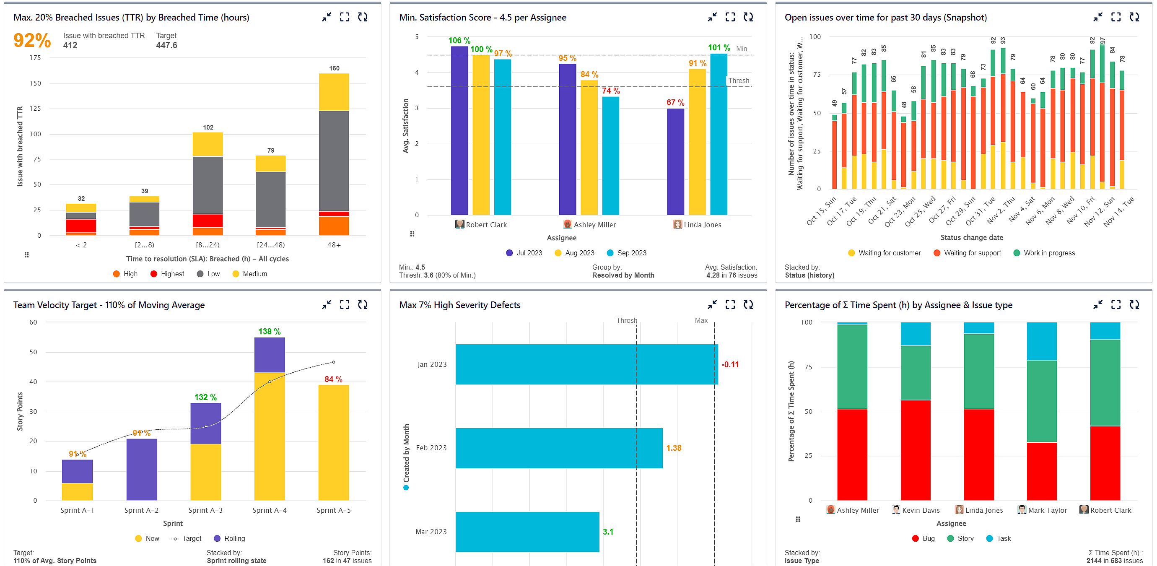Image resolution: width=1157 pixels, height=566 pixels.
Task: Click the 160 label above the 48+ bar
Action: point(334,68)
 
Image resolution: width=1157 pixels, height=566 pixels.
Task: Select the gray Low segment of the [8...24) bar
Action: point(208,184)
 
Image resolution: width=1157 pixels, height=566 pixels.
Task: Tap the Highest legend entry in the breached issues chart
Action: point(167,274)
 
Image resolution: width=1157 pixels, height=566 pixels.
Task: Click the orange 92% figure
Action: point(32,40)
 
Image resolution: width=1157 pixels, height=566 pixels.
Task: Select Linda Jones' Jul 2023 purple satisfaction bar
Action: point(675,162)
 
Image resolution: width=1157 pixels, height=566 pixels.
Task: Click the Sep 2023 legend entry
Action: point(627,253)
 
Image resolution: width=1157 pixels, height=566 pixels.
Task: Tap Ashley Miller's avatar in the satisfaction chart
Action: point(567,224)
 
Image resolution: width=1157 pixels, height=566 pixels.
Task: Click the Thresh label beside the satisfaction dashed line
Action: point(738,81)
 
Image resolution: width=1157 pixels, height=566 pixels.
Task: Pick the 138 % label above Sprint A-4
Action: point(269,332)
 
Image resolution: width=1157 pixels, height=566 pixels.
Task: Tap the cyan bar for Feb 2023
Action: point(559,448)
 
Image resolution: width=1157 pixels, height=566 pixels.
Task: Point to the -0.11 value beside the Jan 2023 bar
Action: point(730,364)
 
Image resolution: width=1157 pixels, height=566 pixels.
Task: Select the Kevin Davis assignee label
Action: point(920,510)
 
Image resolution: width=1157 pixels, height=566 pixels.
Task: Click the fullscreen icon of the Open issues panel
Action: point(1115,17)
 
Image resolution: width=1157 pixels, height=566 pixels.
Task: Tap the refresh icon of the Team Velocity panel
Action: point(363,304)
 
